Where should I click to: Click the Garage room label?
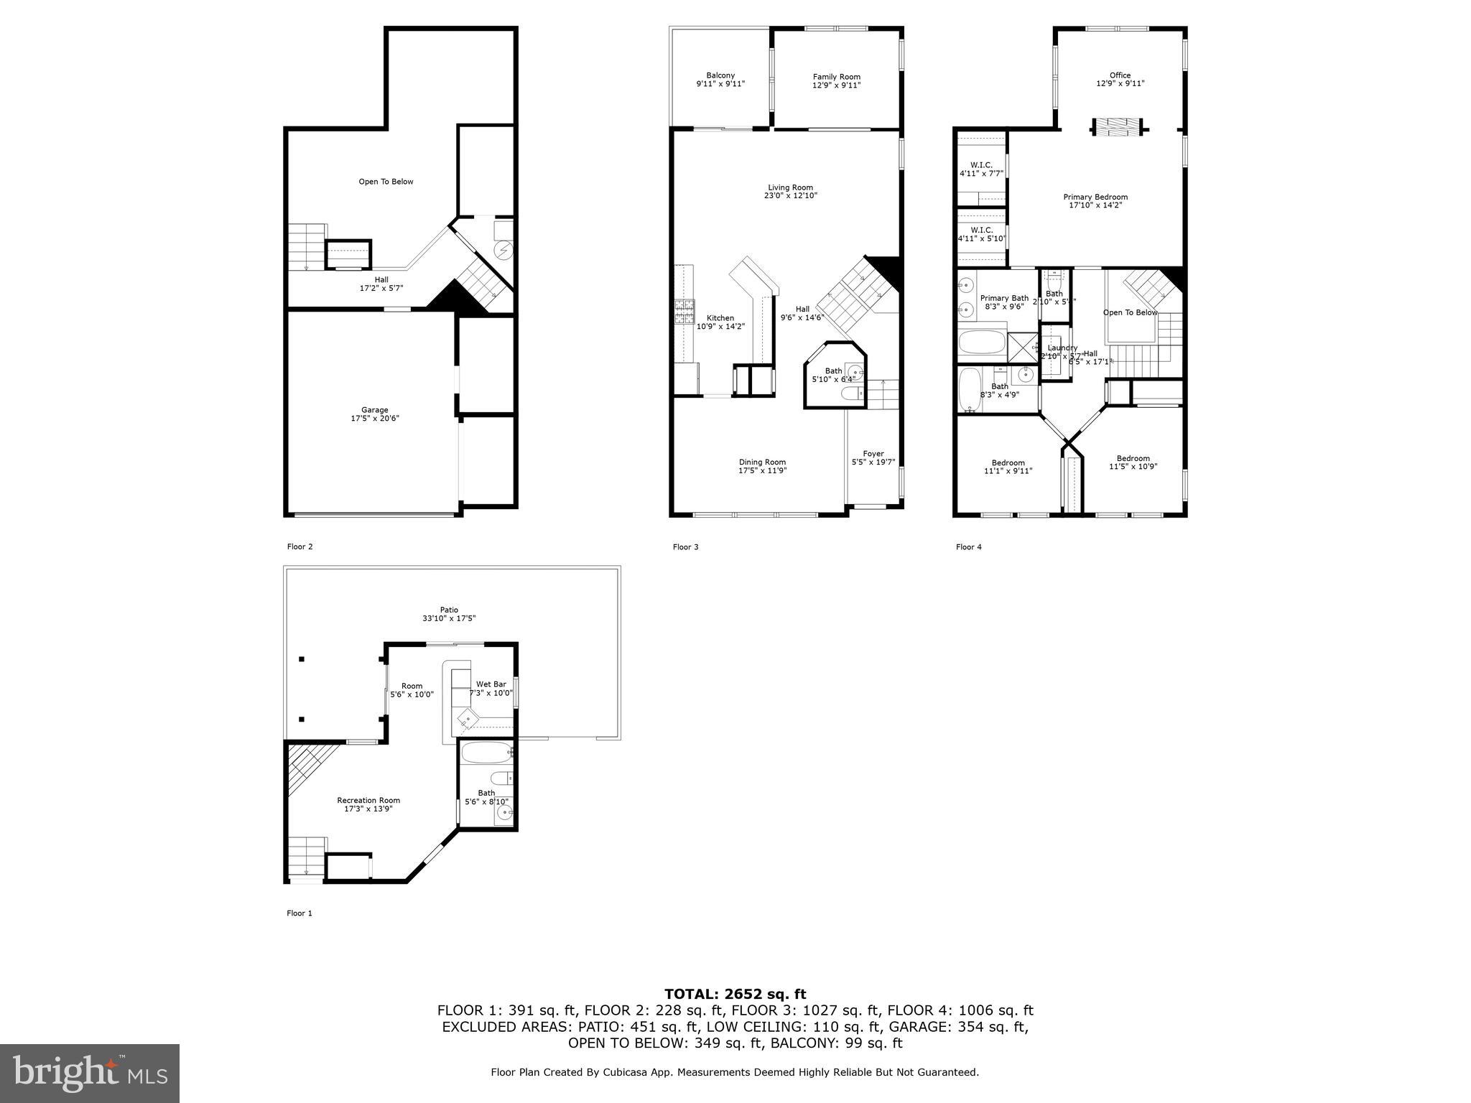(x=374, y=410)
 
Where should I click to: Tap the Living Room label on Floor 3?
(x=790, y=187)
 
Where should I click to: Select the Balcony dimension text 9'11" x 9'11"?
(x=720, y=85)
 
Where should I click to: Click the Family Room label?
(x=836, y=77)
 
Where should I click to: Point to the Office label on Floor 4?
(x=1120, y=75)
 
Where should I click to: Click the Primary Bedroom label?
(x=1095, y=197)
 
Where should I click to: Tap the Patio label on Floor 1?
(x=449, y=610)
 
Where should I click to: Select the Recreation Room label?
(x=368, y=800)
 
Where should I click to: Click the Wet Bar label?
(x=491, y=684)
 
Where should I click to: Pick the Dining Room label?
(x=762, y=462)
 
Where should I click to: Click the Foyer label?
(x=873, y=453)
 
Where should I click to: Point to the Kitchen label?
(x=720, y=318)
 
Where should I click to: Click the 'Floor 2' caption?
(x=300, y=546)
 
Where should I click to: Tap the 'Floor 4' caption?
(x=968, y=547)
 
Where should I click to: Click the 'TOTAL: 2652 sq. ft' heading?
(x=735, y=994)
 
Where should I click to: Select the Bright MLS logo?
(x=90, y=1073)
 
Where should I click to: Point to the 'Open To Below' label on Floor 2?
(x=386, y=182)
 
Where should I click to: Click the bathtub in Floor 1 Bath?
(x=486, y=753)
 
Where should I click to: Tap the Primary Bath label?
(x=1004, y=298)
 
